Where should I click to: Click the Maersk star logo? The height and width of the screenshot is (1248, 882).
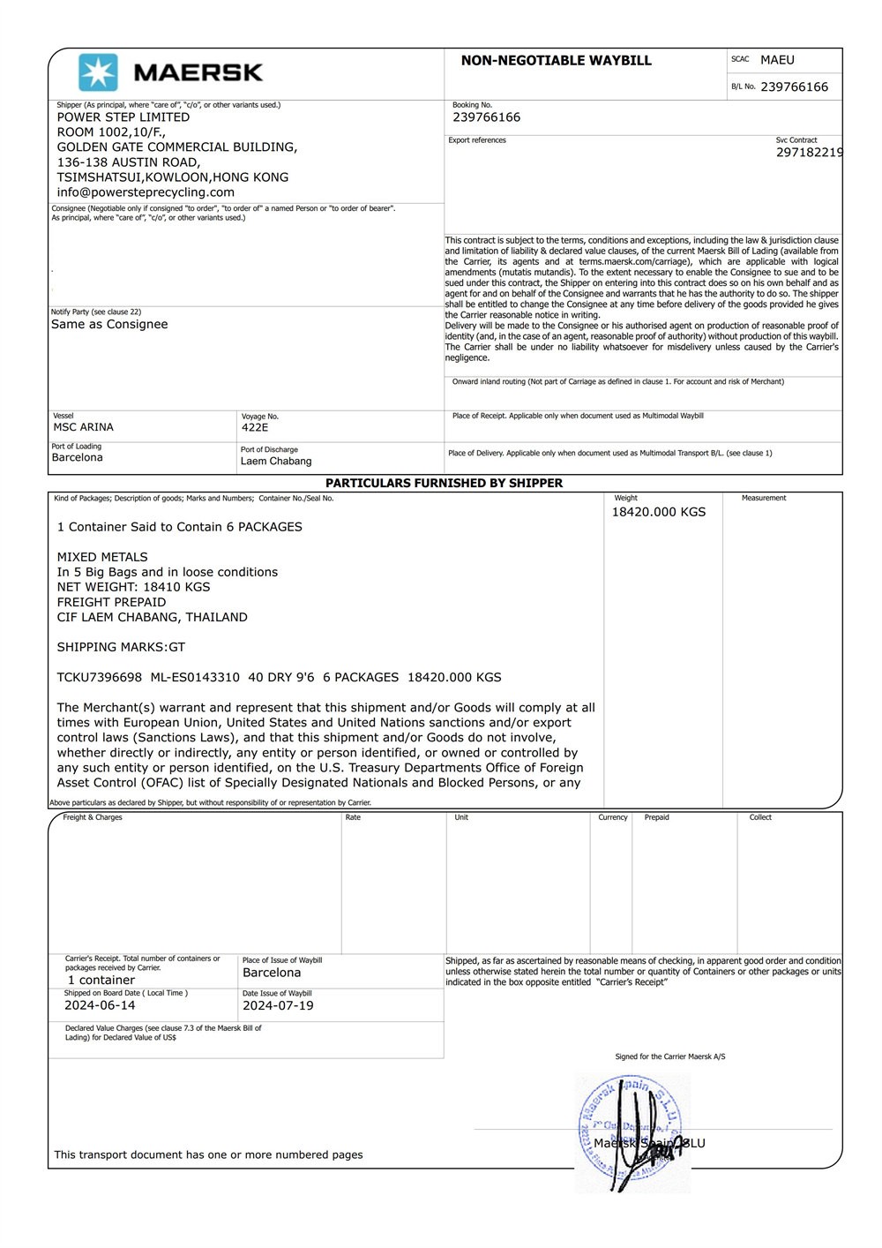98,72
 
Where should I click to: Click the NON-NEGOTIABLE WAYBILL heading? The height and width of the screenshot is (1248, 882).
556,61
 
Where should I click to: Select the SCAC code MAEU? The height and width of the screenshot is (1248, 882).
777,60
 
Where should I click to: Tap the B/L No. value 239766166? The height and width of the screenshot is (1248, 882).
794,87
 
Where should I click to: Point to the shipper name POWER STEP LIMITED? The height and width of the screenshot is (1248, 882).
123,117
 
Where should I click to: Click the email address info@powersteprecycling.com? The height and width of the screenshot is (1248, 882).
146,192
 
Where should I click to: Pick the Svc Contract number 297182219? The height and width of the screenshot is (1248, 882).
809,153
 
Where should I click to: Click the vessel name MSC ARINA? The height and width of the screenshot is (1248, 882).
84,427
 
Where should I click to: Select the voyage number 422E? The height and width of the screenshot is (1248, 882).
255,427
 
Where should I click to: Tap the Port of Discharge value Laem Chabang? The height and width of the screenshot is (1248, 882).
276,461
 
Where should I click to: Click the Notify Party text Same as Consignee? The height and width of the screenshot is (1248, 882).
109,325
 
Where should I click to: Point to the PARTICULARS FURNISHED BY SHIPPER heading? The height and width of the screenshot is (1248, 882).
444,484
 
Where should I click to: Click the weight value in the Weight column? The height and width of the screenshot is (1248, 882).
659,512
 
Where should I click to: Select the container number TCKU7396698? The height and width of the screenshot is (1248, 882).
100,678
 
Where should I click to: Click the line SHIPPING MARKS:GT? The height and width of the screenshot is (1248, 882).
122,647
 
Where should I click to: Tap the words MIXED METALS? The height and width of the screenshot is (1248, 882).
102,557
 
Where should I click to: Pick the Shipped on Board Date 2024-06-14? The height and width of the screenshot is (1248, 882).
100,1005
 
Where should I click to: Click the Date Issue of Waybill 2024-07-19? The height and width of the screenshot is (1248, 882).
278,1005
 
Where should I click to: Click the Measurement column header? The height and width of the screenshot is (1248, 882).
764,499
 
